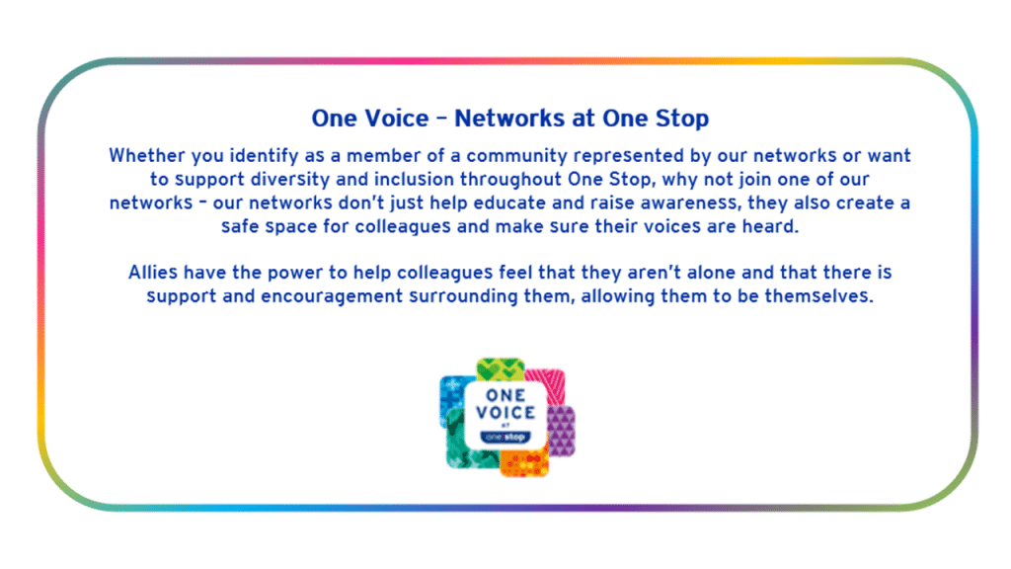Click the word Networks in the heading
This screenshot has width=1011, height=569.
tap(509, 119)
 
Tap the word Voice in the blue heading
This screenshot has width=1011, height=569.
tap(397, 119)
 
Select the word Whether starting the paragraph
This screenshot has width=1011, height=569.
tap(147, 155)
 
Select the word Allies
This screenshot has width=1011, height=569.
tap(153, 273)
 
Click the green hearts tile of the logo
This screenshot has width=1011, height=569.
tap(501, 369)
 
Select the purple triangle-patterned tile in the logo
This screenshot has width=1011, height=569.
tap(562, 431)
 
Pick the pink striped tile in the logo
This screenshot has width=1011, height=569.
tap(547, 384)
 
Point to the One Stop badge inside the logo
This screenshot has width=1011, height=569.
tap(505, 438)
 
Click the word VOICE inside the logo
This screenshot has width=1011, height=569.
tap(505, 413)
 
